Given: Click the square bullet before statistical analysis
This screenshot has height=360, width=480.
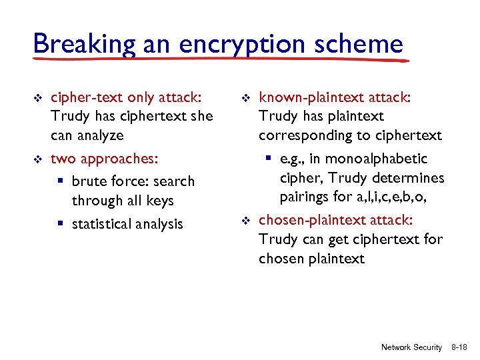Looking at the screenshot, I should point(61,224).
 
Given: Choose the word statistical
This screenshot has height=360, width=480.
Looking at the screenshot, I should point(101,224).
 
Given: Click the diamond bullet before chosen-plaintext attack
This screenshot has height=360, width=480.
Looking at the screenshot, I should point(245,220).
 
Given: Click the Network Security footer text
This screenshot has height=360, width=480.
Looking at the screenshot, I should point(411,347).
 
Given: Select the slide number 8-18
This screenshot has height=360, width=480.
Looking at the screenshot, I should point(460,347).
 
